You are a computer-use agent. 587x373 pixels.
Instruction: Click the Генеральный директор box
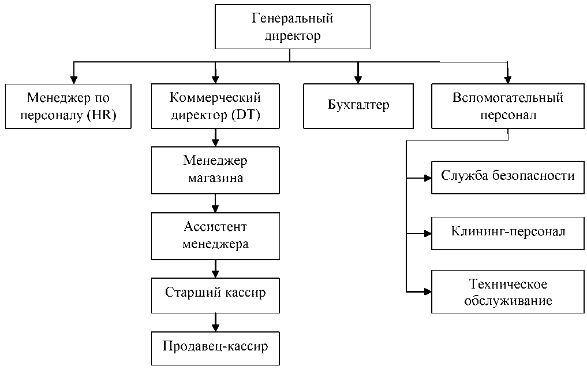pos(292,27)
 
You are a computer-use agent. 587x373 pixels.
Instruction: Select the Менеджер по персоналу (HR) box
pos(69,106)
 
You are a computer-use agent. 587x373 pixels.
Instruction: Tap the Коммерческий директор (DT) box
pos(215,106)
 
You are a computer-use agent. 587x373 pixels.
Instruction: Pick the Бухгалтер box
pos(358,106)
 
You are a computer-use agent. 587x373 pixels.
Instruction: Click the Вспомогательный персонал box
pos(507,106)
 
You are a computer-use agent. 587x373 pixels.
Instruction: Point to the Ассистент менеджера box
pos(215,235)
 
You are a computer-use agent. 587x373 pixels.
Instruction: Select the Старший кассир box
pos(215,293)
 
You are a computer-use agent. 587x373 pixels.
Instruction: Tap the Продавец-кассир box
pos(215,347)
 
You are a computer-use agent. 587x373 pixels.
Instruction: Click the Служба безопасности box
pos(507,176)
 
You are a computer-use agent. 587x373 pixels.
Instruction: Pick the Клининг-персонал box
pos(507,232)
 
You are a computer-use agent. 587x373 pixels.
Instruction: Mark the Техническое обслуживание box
pos(507,293)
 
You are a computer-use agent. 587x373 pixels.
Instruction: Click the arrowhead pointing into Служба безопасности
pos(428,178)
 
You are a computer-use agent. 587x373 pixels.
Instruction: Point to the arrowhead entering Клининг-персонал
pos(428,234)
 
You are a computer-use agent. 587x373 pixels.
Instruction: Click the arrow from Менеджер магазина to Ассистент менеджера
pos(215,203)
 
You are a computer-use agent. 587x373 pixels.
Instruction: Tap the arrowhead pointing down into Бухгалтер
pos(358,80)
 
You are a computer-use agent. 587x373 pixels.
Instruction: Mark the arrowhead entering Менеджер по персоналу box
pos(73,80)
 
